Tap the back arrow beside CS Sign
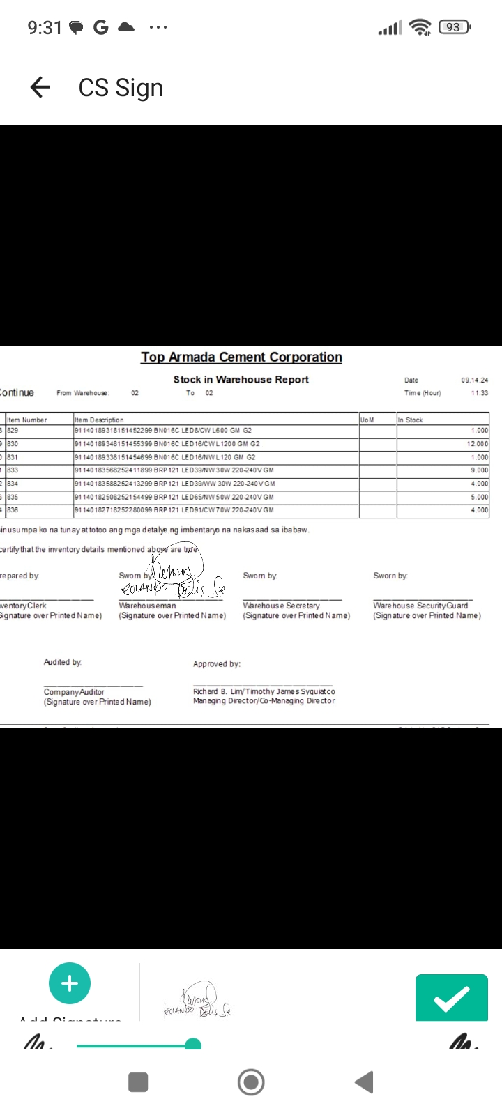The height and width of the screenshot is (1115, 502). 40,87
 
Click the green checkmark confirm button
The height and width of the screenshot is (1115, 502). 451,998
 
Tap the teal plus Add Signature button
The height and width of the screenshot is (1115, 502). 70,983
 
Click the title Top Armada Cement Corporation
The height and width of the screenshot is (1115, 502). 241,357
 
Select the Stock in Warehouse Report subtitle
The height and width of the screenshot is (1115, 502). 241,379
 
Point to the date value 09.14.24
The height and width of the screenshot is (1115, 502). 474,380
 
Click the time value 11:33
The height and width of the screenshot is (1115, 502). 479,393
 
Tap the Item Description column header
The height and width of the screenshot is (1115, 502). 99,420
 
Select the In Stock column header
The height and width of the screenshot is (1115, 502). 410,420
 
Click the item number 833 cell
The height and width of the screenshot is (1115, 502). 13,470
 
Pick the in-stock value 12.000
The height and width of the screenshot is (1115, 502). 477,444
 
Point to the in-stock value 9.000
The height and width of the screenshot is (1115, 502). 479,470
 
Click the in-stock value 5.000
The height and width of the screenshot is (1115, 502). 479,497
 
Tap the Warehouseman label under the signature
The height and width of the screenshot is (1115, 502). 147,606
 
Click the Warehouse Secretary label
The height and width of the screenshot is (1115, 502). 281,606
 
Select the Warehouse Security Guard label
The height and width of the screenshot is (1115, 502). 420,606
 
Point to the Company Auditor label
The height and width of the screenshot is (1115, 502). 74,692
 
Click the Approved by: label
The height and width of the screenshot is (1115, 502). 217,664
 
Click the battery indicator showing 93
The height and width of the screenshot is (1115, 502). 454,27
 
